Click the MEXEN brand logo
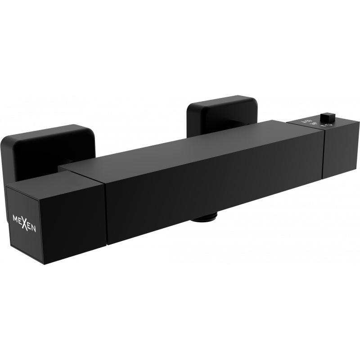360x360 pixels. coord(25,221)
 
